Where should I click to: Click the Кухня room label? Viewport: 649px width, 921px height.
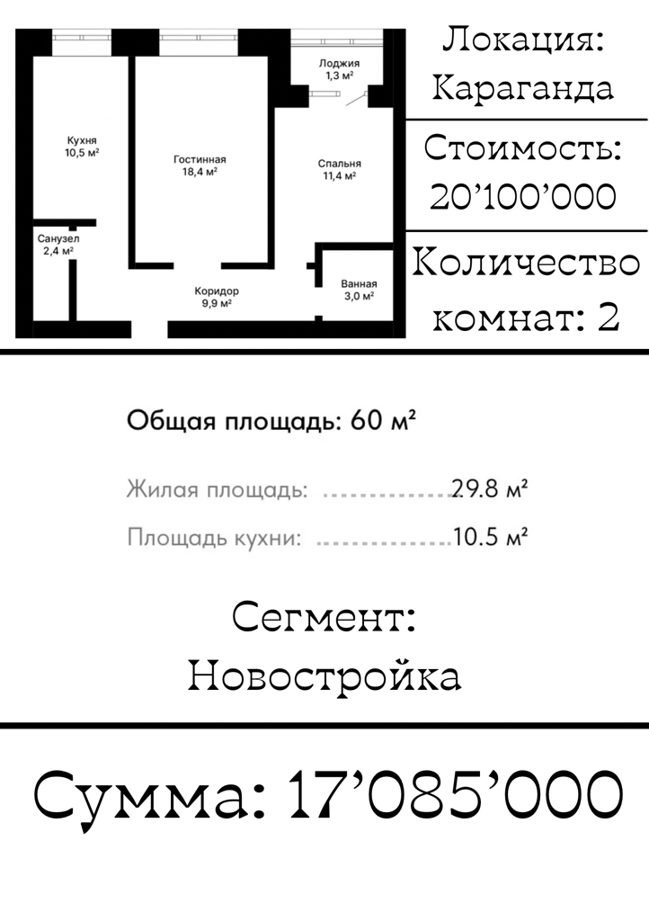(82, 140)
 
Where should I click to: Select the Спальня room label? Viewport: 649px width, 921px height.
(339, 164)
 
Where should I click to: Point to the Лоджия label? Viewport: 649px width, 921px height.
(340, 64)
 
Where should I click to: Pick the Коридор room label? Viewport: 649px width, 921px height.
(217, 291)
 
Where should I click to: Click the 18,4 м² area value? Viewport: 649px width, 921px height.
(199, 171)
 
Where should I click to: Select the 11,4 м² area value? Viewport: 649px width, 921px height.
(339, 176)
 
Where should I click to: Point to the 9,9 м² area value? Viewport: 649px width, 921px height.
(216, 304)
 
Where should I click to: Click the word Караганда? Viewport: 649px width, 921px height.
(523, 88)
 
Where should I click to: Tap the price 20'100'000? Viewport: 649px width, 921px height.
(523, 197)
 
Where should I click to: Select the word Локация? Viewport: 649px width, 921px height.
(523, 40)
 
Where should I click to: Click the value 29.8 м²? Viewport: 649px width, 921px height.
(489, 490)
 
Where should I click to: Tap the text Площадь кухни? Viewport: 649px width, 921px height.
(213, 538)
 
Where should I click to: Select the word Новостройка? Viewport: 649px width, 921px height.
(324, 675)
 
